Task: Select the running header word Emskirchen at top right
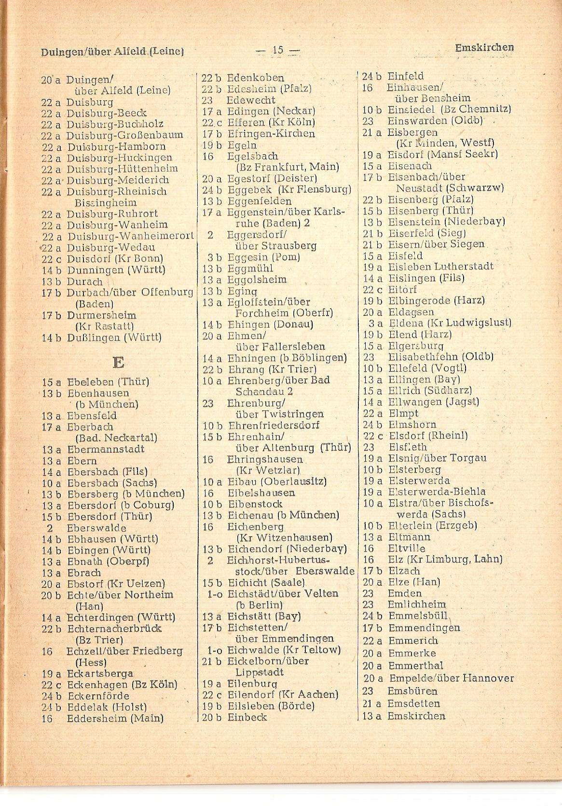pyautogui.click(x=484, y=48)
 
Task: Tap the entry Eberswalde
pyautogui.click(x=96, y=528)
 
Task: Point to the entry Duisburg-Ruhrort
pyautogui.click(x=112, y=214)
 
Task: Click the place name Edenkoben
pyautogui.click(x=255, y=78)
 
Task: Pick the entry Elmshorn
pyautogui.click(x=412, y=425)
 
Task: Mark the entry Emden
pyautogui.click(x=405, y=593)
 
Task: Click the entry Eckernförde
pyautogui.click(x=98, y=696)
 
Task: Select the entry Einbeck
pyautogui.click(x=247, y=717)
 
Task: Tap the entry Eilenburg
pyautogui.click(x=252, y=684)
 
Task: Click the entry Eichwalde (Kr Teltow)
pyautogui.click(x=284, y=650)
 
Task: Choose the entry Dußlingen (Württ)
pyautogui.click(x=114, y=337)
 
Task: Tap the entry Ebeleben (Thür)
pyautogui.click(x=108, y=382)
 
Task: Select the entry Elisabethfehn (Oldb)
pyautogui.click(x=440, y=357)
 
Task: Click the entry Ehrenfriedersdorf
pyautogui.click(x=274, y=426)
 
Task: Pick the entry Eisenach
pyautogui.click(x=410, y=166)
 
